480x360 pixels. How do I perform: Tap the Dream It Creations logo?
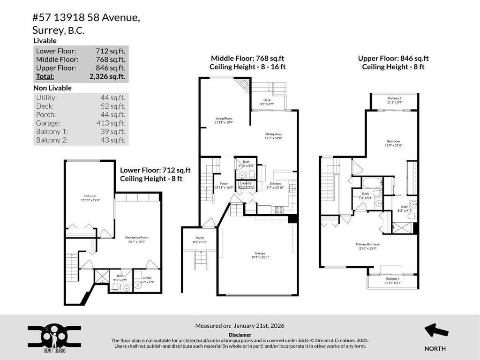click(x=54, y=337)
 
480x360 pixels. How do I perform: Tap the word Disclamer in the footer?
click(x=240, y=335)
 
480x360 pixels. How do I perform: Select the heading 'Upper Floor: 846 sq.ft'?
click(x=393, y=59)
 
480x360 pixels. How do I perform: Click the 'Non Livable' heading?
click(x=52, y=88)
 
